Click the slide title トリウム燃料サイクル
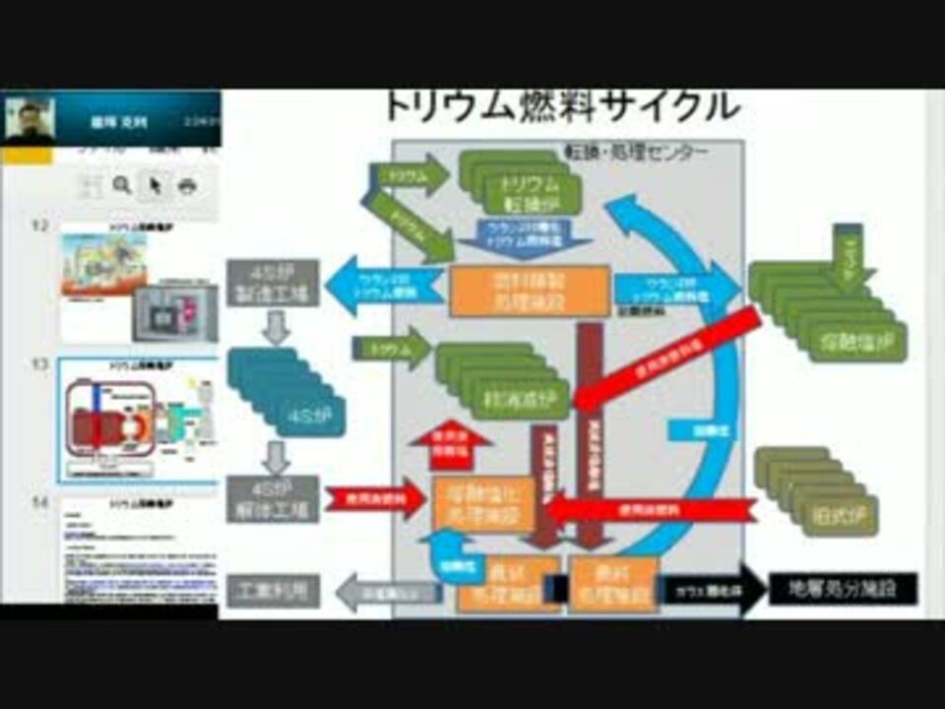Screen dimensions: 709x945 click(561, 106)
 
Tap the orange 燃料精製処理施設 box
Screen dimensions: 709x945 click(529, 290)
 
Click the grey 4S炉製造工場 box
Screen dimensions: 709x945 click(273, 283)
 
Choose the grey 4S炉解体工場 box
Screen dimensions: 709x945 click(273, 498)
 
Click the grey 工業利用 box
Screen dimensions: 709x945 click(273, 590)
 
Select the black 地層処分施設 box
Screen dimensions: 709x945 click(843, 589)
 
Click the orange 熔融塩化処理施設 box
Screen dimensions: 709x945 click(483, 500)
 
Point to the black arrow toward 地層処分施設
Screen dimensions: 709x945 click(711, 590)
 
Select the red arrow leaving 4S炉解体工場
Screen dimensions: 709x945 click(373, 499)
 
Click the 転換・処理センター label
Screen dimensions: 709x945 click(635, 153)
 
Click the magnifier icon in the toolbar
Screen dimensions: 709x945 click(121, 185)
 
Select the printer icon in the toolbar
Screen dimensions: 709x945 click(187, 185)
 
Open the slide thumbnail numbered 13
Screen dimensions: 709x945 click(138, 420)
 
